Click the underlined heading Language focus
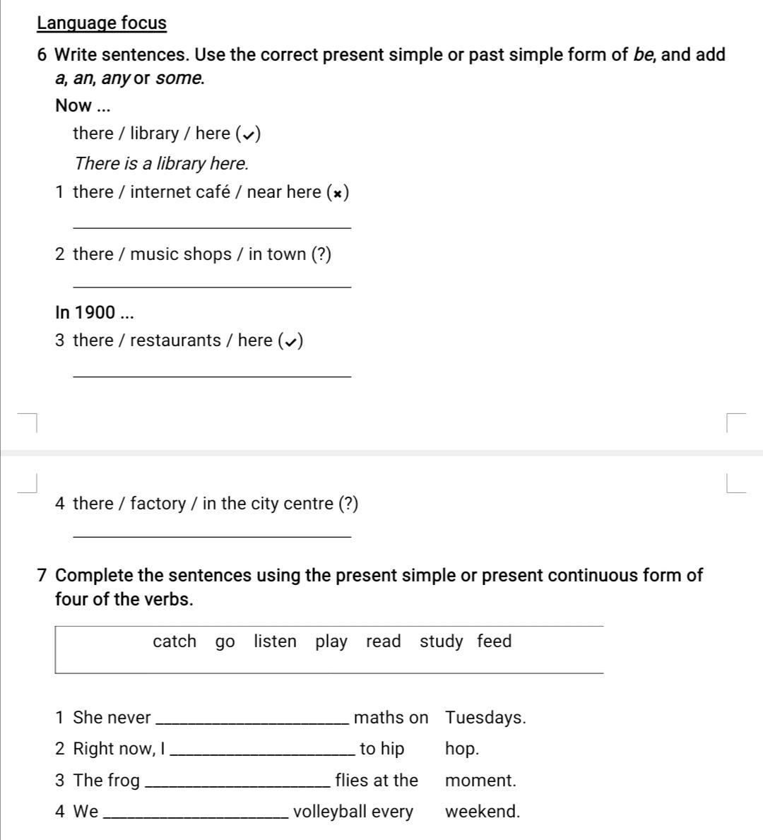(x=102, y=23)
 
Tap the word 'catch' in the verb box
(x=175, y=641)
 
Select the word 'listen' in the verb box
(x=275, y=641)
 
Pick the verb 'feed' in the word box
(x=494, y=641)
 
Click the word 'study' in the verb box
(x=441, y=641)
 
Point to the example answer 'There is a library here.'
(x=161, y=163)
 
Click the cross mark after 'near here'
(x=339, y=193)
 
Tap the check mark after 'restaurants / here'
(x=290, y=342)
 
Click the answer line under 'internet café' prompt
(x=212, y=226)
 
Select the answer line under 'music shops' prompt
(x=212, y=285)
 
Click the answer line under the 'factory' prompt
(x=212, y=536)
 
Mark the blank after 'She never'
(x=252, y=722)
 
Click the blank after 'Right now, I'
(x=263, y=753)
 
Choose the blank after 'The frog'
(x=237, y=785)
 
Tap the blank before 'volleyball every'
(x=196, y=816)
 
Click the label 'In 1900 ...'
(x=95, y=312)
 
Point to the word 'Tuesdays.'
(x=485, y=718)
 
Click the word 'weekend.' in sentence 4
(x=483, y=812)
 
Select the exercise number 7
(x=42, y=576)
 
